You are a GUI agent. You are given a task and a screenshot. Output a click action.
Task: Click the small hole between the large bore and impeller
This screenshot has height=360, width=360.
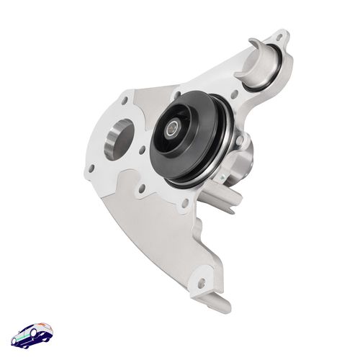click(x=143, y=150)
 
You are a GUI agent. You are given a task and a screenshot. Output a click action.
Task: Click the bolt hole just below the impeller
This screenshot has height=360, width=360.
click(x=184, y=204)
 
